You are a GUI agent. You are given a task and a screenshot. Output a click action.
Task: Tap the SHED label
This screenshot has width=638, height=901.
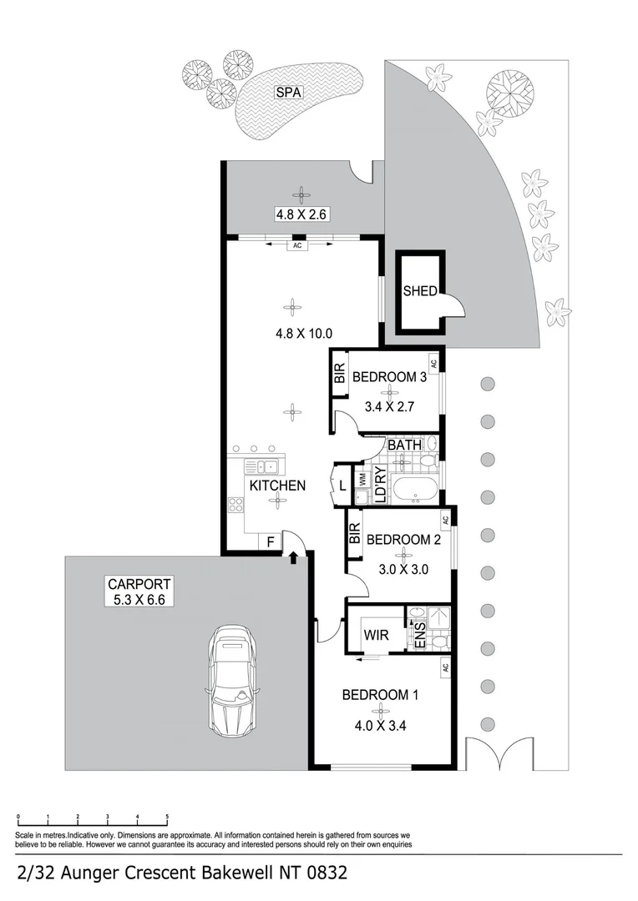(x=420, y=291)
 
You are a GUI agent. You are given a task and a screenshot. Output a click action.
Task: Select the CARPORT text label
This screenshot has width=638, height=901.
(x=139, y=584)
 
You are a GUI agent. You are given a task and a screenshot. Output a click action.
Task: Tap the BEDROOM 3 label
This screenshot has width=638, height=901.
(x=390, y=377)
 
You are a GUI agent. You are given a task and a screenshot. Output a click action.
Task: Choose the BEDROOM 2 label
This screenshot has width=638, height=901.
(x=403, y=540)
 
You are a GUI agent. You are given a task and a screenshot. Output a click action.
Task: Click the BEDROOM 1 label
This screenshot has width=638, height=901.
(x=380, y=694)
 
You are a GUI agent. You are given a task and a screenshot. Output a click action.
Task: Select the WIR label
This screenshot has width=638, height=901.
(x=376, y=636)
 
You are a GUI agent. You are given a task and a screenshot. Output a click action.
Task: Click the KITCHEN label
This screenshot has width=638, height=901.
(x=276, y=486)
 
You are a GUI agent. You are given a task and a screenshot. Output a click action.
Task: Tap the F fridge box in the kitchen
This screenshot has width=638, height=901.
(x=270, y=541)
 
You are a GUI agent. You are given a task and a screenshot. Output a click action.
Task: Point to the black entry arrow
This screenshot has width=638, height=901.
(x=294, y=556)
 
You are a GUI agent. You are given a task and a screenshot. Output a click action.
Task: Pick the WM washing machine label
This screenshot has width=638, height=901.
(x=362, y=479)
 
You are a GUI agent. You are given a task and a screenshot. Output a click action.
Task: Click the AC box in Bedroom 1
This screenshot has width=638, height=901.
(x=445, y=667)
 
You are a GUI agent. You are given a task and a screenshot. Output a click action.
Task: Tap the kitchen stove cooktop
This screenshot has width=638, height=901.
(x=235, y=506)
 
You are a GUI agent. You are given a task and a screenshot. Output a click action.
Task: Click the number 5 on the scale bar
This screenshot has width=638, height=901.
(x=167, y=818)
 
